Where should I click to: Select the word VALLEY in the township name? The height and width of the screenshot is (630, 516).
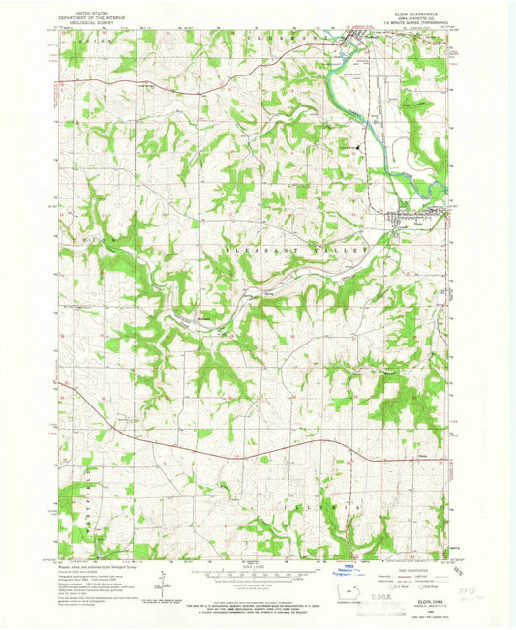pyautogui.click(x=344, y=250)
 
